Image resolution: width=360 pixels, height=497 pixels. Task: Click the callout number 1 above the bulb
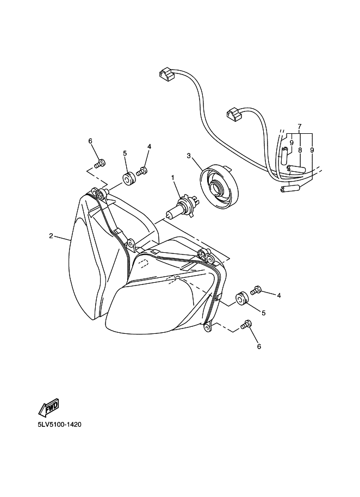(173, 178)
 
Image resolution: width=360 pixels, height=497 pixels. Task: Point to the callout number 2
(51, 236)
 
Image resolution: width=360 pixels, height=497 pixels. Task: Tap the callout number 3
(189, 156)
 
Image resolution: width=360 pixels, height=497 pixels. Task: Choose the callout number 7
(299, 126)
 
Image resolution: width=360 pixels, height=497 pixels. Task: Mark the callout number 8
(300, 150)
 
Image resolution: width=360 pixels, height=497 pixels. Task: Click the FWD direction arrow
(48, 408)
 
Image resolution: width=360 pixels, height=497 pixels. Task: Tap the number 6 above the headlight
(90, 141)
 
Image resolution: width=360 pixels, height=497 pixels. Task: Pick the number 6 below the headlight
(259, 346)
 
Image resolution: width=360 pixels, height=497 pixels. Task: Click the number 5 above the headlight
(125, 153)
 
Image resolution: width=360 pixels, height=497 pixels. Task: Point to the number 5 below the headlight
(264, 313)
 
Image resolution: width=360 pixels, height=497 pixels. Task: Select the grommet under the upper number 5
(128, 178)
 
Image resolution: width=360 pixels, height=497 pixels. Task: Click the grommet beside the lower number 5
(241, 299)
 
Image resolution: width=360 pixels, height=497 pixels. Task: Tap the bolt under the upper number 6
(100, 163)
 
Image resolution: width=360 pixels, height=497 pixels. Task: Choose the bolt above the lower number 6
(247, 325)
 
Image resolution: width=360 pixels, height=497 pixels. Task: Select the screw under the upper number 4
(143, 171)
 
